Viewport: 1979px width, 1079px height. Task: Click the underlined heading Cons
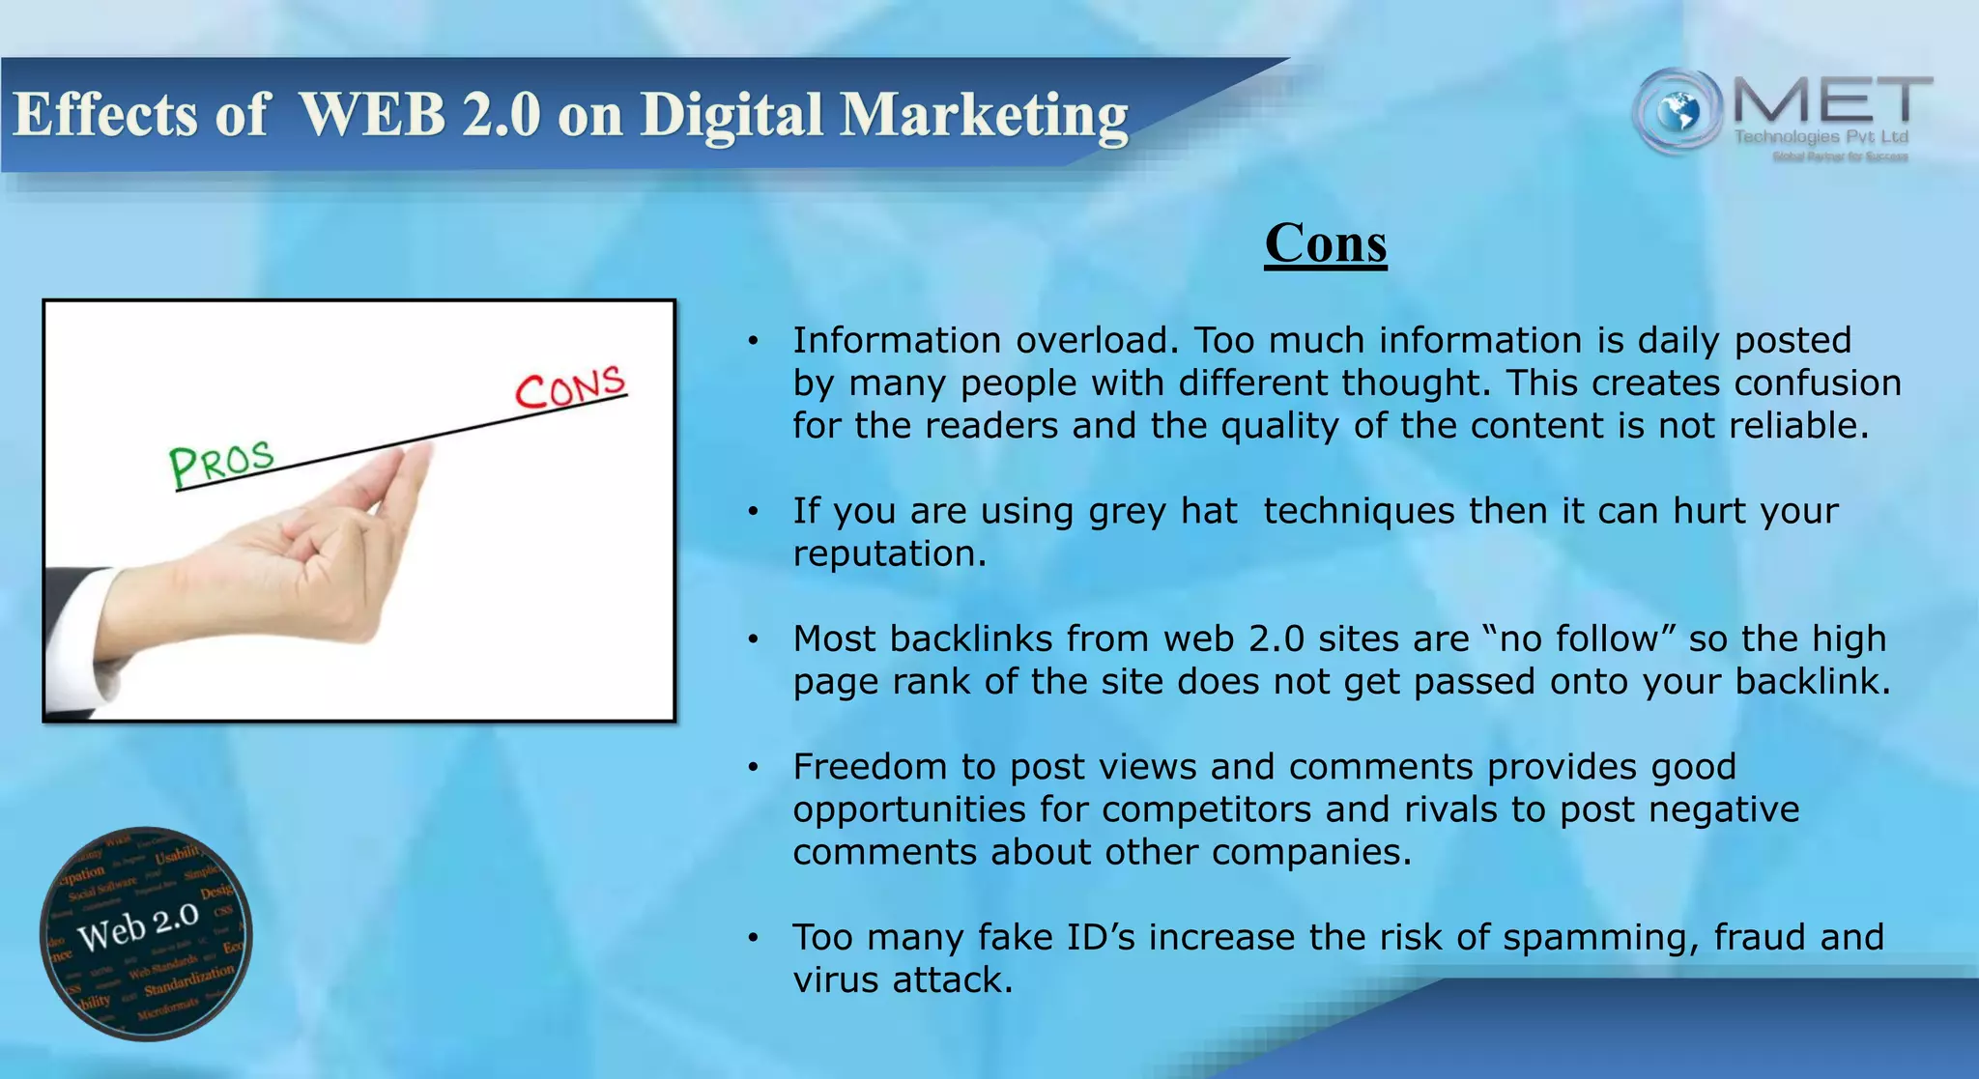click(x=1325, y=243)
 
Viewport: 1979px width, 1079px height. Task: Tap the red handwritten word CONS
click(x=570, y=388)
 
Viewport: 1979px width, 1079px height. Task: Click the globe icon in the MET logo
click(x=1678, y=112)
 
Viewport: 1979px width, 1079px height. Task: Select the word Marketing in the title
click(x=984, y=116)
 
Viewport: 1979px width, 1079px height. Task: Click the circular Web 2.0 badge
click(x=146, y=933)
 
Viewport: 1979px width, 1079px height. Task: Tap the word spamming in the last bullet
click(x=1599, y=938)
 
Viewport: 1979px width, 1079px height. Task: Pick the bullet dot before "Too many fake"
click(x=753, y=938)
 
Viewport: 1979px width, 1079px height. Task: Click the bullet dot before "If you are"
click(x=753, y=511)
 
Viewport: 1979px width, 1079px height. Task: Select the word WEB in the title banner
click(x=371, y=116)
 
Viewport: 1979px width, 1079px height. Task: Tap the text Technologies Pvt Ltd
click(x=1821, y=137)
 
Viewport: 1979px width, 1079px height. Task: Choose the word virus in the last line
click(x=836, y=980)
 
